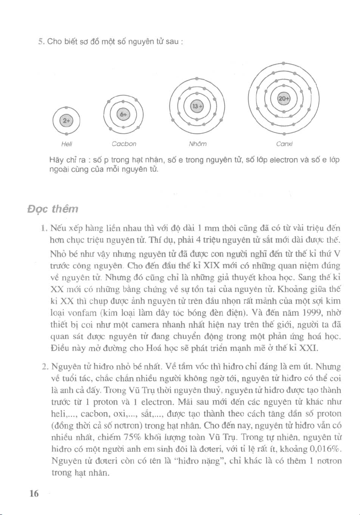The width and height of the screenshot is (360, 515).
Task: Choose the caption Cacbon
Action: pyautogui.click(x=124, y=144)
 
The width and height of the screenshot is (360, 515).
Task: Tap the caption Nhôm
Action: pyautogui.click(x=196, y=144)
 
